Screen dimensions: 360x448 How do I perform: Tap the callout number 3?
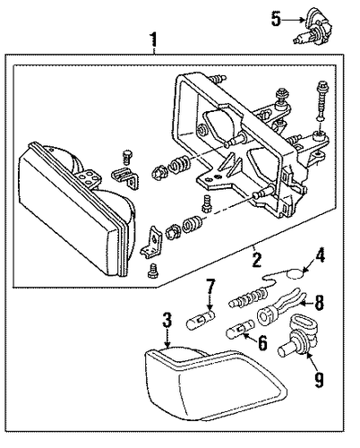tap(167, 320)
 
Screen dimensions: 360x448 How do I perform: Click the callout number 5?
tap(276, 19)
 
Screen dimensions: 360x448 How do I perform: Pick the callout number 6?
tap(261, 343)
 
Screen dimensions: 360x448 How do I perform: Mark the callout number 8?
tap(319, 303)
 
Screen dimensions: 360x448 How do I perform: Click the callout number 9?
tap(319, 380)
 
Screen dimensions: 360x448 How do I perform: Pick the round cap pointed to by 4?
tap(295, 273)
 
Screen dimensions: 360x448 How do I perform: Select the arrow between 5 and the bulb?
tap(294, 20)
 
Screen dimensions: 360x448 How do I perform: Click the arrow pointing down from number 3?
tap(167, 338)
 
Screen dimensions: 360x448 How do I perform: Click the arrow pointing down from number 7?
tap(210, 302)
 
